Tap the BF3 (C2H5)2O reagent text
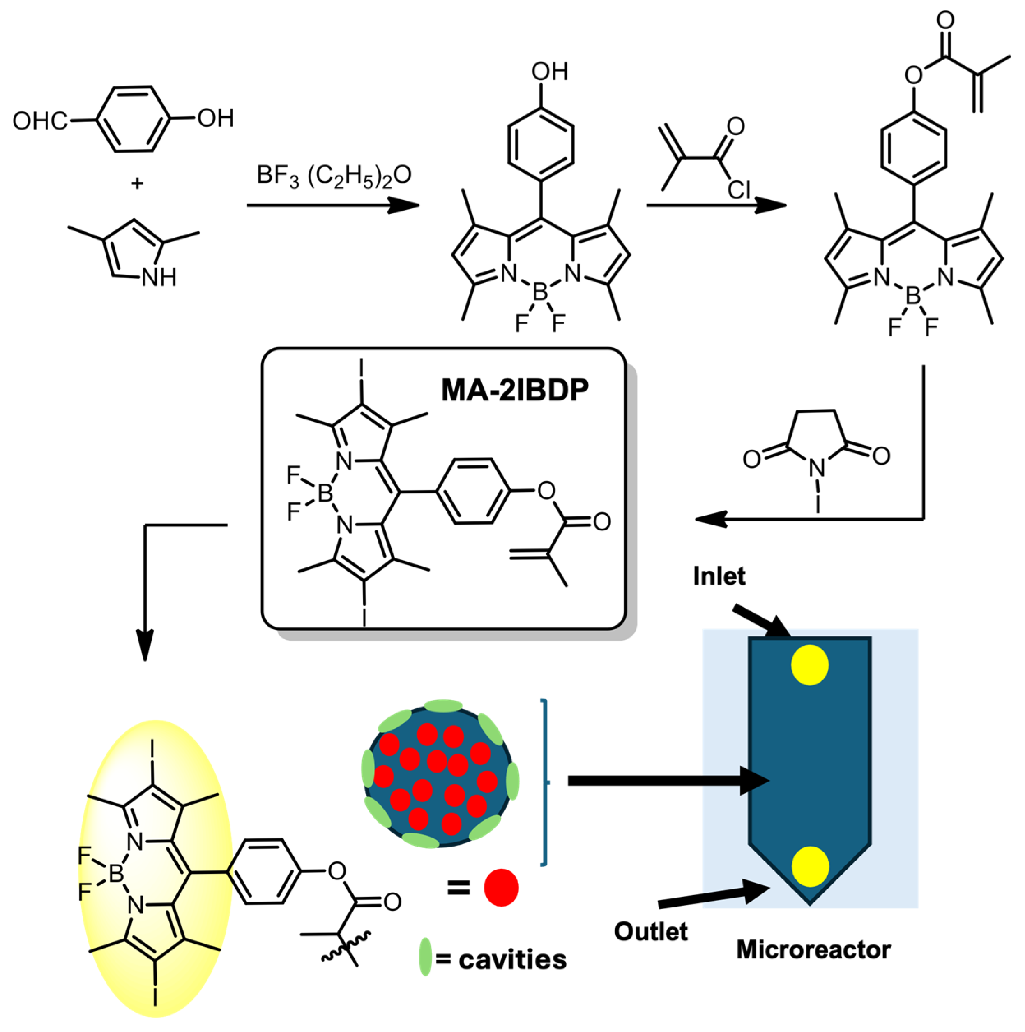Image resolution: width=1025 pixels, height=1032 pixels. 334,176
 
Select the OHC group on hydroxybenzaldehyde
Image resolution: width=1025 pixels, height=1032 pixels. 40,121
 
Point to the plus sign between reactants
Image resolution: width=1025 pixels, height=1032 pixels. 137,184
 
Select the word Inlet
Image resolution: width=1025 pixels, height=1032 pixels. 719,576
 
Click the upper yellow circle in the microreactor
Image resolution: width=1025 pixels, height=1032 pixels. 809,665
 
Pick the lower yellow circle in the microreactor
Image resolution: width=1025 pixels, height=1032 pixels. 810,866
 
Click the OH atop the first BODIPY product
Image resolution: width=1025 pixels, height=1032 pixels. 549,72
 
